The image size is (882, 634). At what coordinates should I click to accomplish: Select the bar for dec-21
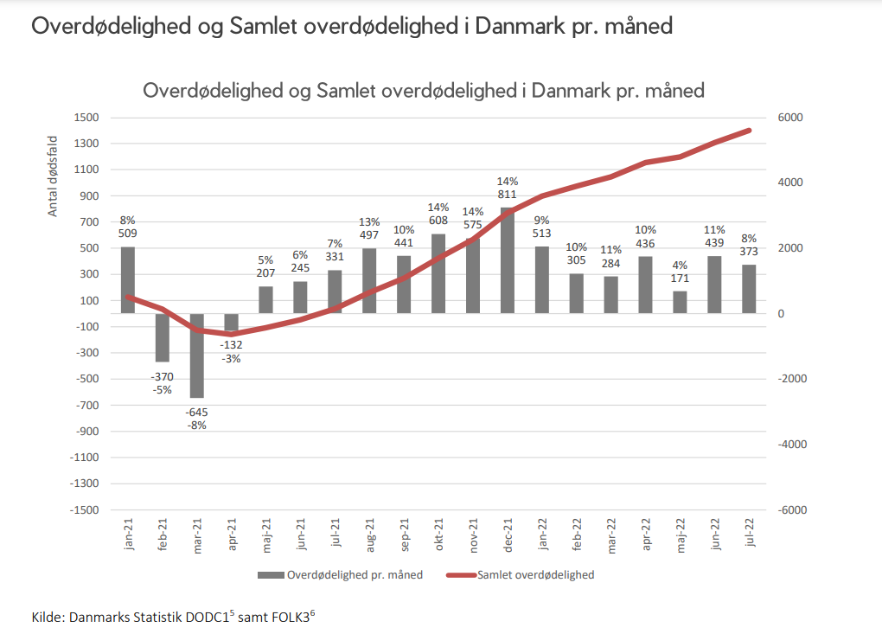[x=508, y=260]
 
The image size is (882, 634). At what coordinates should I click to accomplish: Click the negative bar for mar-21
[x=196, y=355]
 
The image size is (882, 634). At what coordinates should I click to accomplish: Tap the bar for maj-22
[x=681, y=302]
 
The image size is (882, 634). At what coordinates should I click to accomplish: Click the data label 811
[x=508, y=195]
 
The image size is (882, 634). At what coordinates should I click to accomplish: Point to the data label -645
[x=196, y=412]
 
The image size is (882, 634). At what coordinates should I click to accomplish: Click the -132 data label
[x=231, y=346]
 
